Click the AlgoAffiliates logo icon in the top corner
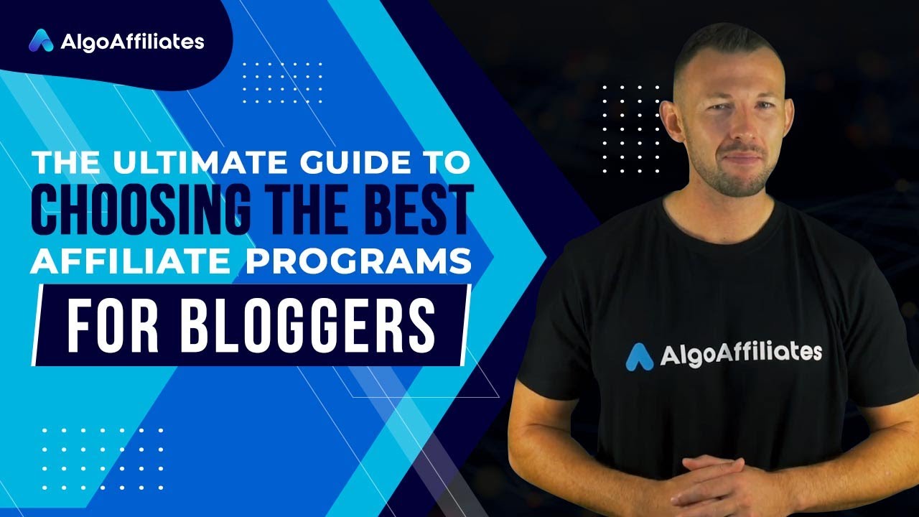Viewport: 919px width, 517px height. point(41,41)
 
